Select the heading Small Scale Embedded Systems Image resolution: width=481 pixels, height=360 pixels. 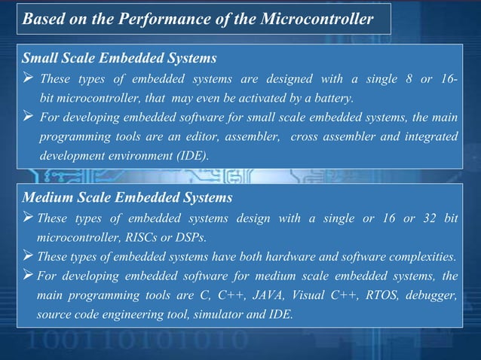pyautogui.click(x=120, y=57)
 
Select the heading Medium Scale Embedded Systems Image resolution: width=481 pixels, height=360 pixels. pyautogui.click(x=127, y=198)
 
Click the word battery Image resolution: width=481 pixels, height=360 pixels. pyautogui.click(x=332, y=98)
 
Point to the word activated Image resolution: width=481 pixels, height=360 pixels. pyautogui.click(x=268, y=98)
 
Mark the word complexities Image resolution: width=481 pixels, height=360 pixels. pyautogui.click(x=422, y=256)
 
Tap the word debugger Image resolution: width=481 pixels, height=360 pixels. pyautogui.click(x=433, y=294)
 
